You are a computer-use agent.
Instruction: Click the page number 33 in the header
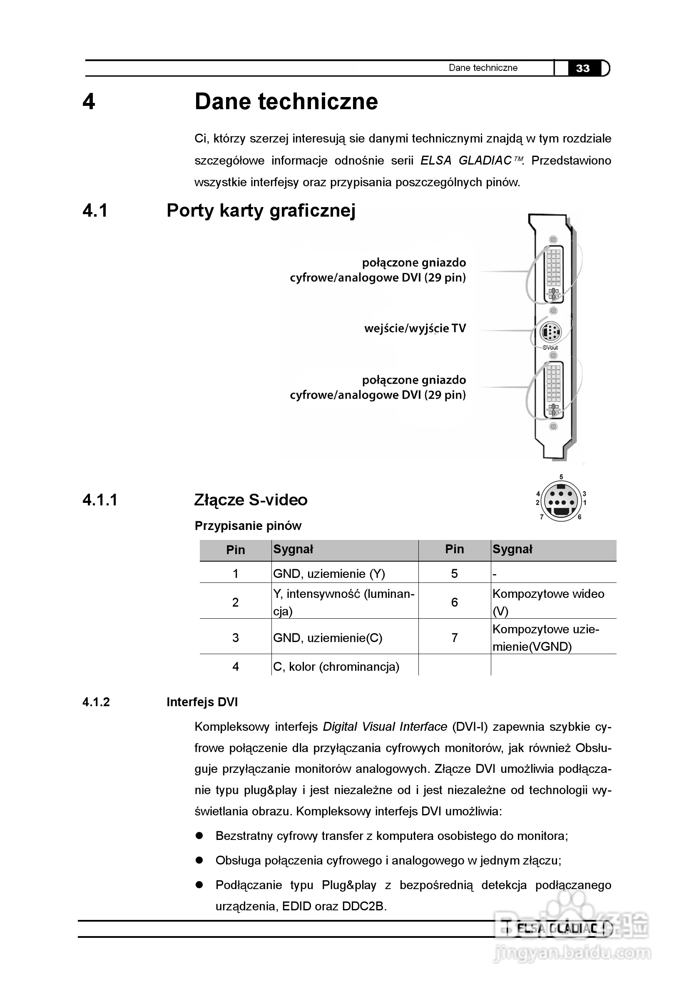click(582, 68)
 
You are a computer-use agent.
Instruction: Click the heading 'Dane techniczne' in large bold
click(286, 102)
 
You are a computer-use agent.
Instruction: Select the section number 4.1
click(95, 210)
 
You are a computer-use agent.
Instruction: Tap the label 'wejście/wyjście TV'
click(415, 328)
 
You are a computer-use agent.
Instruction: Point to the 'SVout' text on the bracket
click(550, 347)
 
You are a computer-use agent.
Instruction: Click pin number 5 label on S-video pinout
click(561, 477)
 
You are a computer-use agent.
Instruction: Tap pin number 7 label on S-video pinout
click(542, 517)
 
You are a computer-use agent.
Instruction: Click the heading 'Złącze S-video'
click(251, 500)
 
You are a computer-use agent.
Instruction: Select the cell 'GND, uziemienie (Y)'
click(329, 574)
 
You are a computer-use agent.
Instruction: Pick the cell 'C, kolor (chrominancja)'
click(336, 667)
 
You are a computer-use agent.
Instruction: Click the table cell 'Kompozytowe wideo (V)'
click(548, 602)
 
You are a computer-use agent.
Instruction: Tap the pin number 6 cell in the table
click(454, 602)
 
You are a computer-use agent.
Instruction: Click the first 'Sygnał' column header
click(293, 549)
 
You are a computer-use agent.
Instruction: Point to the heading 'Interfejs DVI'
click(202, 702)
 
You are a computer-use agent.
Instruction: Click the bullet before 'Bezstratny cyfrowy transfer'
click(199, 836)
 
